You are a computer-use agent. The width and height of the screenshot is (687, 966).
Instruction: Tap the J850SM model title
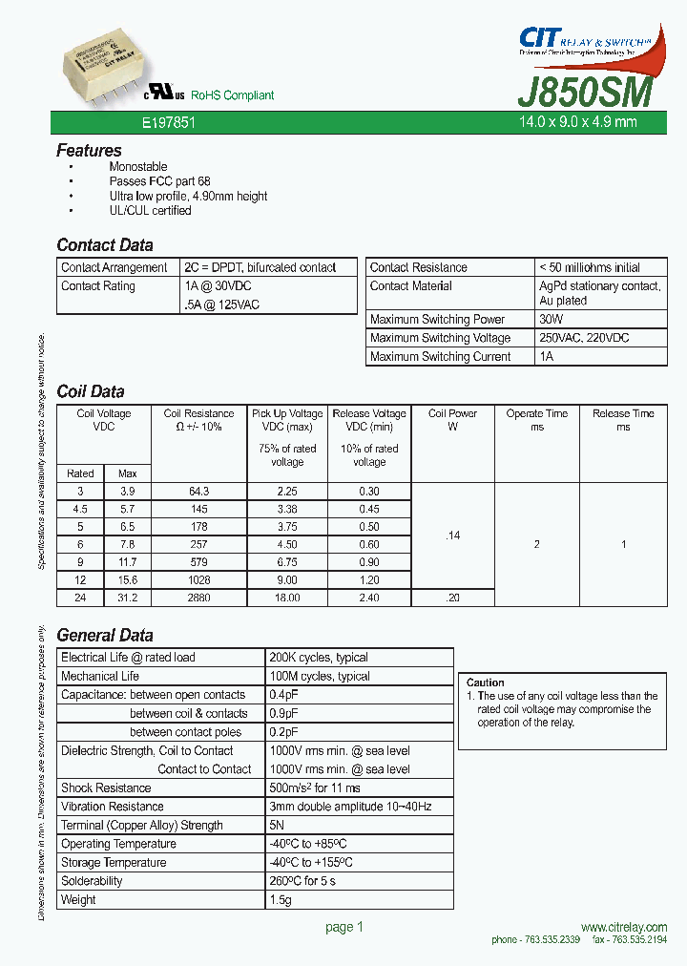(585, 93)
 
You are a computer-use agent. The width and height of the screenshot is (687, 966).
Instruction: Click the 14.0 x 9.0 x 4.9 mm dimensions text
(577, 122)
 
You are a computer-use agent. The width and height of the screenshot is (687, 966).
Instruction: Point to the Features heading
(89, 151)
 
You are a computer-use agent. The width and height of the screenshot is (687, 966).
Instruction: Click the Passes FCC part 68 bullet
(159, 181)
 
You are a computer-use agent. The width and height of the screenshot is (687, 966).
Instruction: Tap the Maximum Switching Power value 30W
(552, 320)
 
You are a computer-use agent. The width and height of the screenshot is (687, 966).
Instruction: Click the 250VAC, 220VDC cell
(584, 338)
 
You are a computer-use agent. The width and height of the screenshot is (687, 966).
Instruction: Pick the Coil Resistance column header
(198, 420)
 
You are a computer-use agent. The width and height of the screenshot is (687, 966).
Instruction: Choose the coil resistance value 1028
(198, 580)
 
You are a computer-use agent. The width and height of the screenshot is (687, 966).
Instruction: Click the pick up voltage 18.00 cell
(287, 598)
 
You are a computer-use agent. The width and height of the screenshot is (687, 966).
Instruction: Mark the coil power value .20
(452, 598)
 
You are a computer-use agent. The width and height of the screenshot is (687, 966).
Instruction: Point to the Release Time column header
(623, 420)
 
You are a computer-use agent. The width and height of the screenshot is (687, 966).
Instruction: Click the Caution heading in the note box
(485, 682)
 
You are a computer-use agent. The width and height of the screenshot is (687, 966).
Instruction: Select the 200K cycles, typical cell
(319, 658)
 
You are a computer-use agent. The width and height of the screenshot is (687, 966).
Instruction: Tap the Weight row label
(78, 900)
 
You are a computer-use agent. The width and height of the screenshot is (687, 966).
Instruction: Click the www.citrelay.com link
(623, 928)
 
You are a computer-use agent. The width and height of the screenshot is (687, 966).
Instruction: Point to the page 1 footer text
(344, 927)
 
